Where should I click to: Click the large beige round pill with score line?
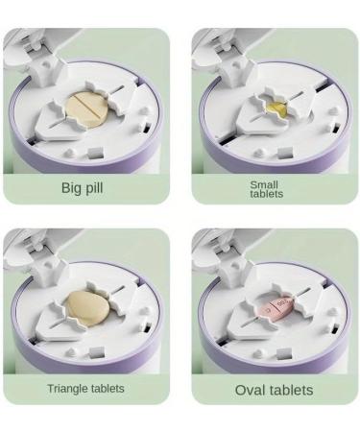(x=87, y=109)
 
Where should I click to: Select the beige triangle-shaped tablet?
(x=86, y=308)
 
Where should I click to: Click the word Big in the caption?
(x=71, y=187)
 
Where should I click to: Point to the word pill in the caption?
(x=93, y=187)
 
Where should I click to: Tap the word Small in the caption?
(x=264, y=184)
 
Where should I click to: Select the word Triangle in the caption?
(x=67, y=389)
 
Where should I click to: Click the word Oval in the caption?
(x=250, y=390)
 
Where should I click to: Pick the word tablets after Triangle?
(x=108, y=389)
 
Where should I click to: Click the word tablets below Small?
(x=267, y=194)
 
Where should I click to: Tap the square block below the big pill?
(x=96, y=153)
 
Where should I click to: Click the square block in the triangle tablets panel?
(x=96, y=352)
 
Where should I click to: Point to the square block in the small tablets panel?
(x=284, y=153)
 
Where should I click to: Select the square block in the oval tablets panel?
(x=284, y=354)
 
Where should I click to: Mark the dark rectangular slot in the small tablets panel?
(x=335, y=129)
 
